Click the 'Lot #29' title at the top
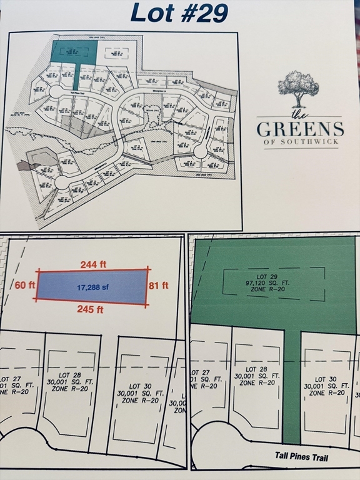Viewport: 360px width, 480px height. (179, 13)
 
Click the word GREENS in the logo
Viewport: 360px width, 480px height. (300, 129)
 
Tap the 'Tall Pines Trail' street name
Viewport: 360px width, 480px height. (301, 457)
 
